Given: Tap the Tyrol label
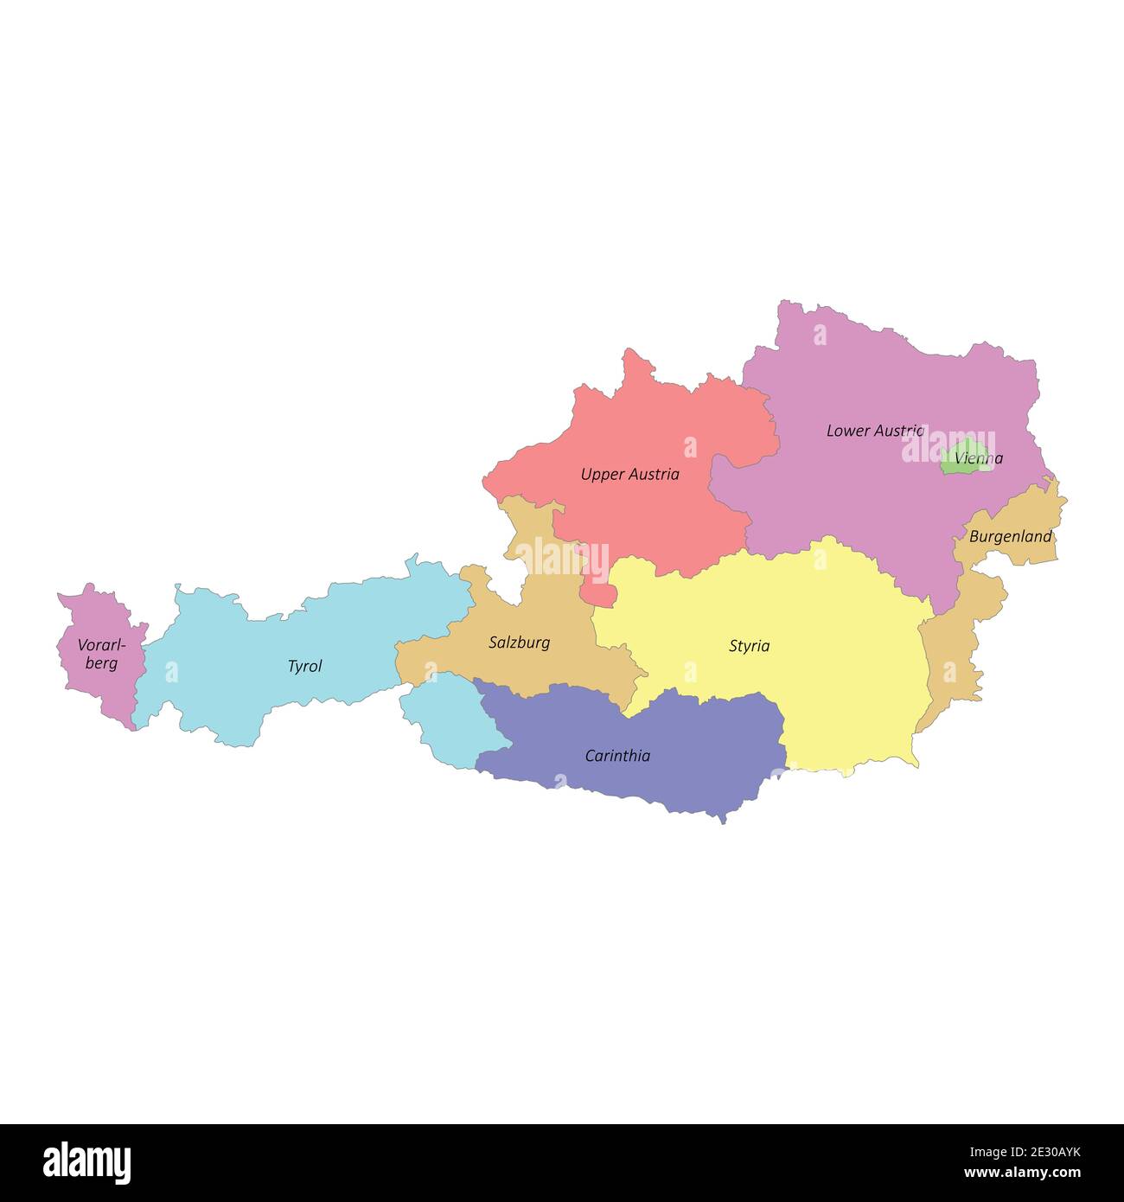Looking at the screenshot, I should pyautogui.click(x=304, y=667).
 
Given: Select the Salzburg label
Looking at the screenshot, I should pyautogui.click(x=519, y=643).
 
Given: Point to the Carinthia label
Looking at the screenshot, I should pyautogui.click(x=617, y=756).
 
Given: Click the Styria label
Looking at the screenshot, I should pyautogui.click(x=749, y=646).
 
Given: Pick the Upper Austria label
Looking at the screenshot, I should pyautogui.click(x=629, y=474).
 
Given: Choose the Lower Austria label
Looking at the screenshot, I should pyautogui.click(x=875, y=430).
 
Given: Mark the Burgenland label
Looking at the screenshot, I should pyautogui.click(x=1010, y=536).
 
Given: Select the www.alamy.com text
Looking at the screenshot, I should pyautogui.click(x=1022, y=1173).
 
